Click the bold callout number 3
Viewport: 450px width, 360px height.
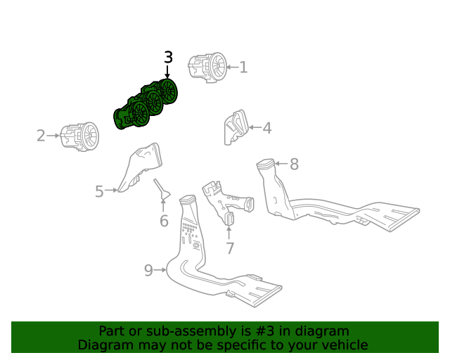[169, 57]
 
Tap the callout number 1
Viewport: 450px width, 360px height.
[243, 67]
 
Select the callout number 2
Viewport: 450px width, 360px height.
[41, 136]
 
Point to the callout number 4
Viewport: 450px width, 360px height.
[267, 128]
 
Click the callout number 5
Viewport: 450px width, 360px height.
[99, 191]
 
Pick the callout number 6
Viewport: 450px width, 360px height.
[164, 221]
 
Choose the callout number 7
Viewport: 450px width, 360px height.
[230, 248]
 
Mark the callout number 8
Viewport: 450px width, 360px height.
[295, 165]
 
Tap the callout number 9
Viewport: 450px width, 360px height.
[148, 271]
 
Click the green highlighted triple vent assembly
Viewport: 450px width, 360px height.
[146, 105]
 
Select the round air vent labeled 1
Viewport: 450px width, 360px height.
[208, 67]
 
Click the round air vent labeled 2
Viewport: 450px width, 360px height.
[79, 136]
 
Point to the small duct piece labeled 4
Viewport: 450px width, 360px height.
[236, 127]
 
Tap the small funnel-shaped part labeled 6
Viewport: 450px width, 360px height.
[162, 189]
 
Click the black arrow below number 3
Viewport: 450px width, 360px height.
[167, 72]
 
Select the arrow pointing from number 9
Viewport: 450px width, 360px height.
[160, 270]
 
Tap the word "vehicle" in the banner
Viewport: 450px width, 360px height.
[348, 345]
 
